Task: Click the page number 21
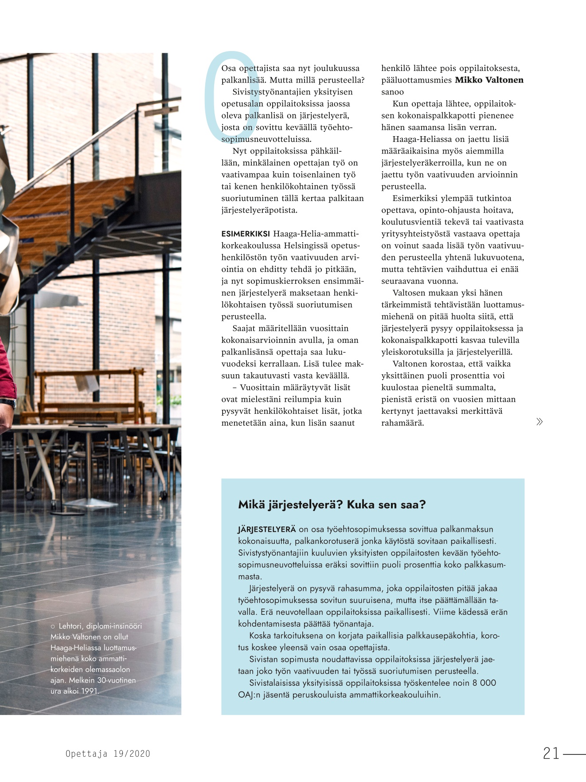551,753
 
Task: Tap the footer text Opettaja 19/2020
108,754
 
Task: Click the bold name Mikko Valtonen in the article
489,80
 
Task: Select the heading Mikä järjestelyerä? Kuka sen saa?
332,504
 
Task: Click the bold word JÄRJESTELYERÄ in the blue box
266,529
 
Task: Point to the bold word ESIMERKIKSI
246,234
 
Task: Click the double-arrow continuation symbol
539,421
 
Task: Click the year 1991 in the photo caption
89,691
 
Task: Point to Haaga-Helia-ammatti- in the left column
316,234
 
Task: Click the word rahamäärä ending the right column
402,423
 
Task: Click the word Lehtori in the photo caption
70,626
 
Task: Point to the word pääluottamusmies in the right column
416,80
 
